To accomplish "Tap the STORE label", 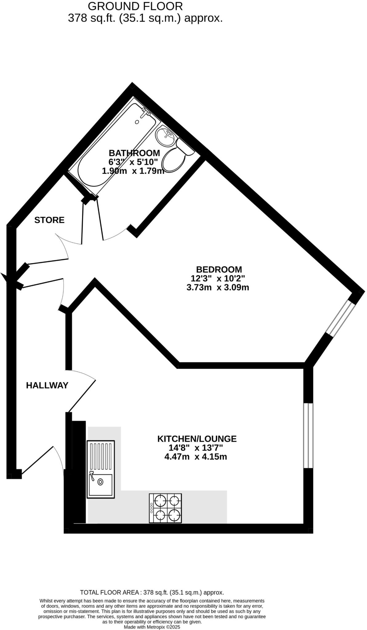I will click(x=49, y=220).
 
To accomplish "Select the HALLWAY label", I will click(x=47, y=385).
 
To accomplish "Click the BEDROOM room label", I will click(x=219, y=269).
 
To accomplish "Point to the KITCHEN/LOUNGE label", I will click(x=197, y=439).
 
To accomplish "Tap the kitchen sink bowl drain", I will click(x=100, y=482).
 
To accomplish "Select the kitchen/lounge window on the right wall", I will click(x=308, y=436).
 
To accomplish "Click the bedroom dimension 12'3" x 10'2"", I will click(x=218, y=279).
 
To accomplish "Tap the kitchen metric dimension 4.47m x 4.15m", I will click(x=196, y=457).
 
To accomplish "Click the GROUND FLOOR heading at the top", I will click(x=135, y=6).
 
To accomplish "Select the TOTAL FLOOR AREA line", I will click(x=152, y=592).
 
